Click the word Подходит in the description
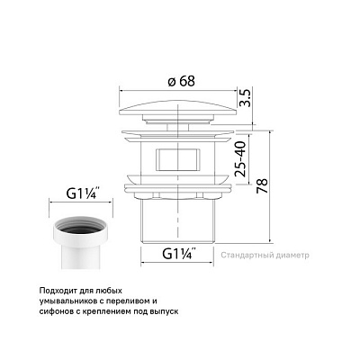tap(61, 290)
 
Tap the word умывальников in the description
tap(76, 301)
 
